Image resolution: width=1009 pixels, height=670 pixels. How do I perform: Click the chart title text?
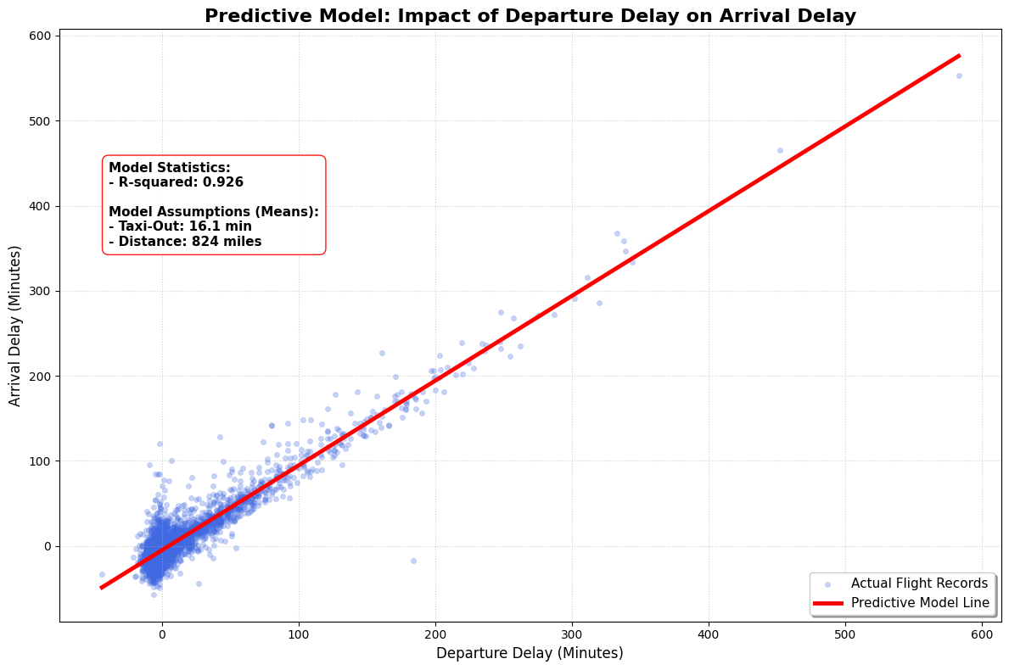tap(530, 16)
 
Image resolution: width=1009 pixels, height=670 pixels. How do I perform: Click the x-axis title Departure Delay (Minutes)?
tap(530, 653)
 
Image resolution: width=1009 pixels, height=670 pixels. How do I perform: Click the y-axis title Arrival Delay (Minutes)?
tap(15, 326)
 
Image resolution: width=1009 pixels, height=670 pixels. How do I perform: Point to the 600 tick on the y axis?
tap(41, 36)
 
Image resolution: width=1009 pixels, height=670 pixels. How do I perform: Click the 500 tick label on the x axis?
tap(845, 634)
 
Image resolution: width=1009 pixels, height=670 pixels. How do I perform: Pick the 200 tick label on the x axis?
tap(435, 634)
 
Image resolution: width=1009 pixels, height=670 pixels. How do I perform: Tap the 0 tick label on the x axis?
tap(162, 634)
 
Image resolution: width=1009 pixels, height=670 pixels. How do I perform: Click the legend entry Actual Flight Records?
tap(919, 583)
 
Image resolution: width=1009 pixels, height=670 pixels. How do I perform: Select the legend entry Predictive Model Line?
tap(920, 603)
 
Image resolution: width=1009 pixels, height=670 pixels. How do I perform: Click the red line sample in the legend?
tap(827, 603)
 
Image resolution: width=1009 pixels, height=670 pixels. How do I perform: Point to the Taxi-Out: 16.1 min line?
tap(180, 226)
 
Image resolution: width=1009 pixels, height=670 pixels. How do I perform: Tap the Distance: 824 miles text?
tap(185, 242)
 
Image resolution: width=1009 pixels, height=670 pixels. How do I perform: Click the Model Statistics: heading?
tap(170, 168)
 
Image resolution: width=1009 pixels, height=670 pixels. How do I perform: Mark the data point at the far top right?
tap(959, 75)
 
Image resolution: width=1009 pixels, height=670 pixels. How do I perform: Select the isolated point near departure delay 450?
tap(780, 150)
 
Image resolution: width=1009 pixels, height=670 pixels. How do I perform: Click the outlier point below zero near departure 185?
tap(413, 561)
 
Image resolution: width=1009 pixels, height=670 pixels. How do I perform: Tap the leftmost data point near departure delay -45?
tap(102, 574)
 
